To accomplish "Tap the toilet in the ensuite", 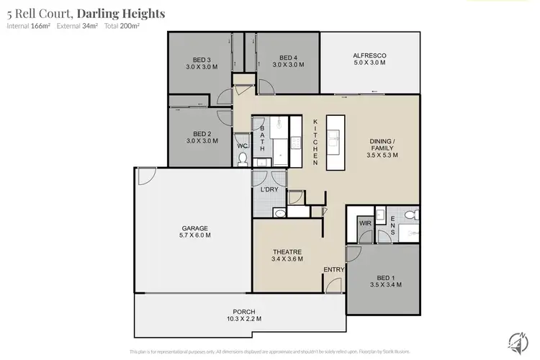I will [409, 215].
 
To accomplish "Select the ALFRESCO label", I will [369, 55].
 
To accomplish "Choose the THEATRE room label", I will [286, 251].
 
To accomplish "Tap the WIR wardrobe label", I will [365, 224].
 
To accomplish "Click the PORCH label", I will [239, 310].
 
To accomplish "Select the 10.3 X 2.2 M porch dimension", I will [239, 318].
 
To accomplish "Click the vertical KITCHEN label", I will [315, 143].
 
